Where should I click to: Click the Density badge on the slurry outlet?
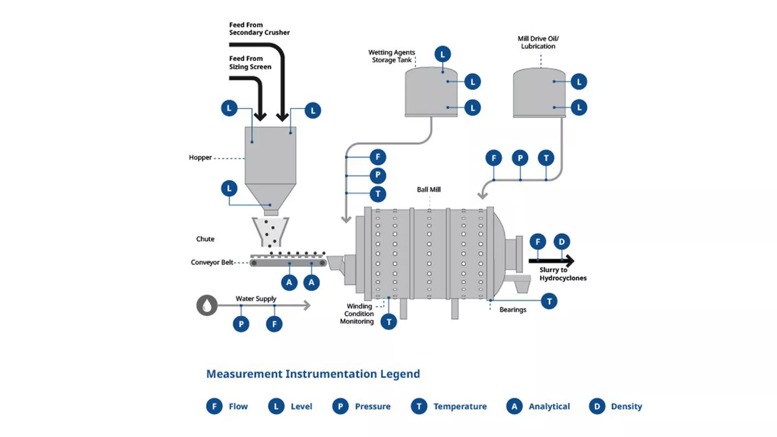coord(561,242)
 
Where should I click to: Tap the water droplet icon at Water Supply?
coord(207,305)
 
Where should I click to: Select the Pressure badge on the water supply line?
coord(241,324)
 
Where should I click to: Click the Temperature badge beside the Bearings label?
coord(549,301)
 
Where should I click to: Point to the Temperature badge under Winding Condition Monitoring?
coord(388,322)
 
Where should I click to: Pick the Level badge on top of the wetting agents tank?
coord(442,54)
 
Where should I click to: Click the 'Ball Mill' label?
coord(429,189)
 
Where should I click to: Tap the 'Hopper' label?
coord(200,157)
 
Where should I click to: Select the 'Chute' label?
coord(205,239)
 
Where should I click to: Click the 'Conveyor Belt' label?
coord(212,262)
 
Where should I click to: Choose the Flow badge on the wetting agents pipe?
coord(378,157)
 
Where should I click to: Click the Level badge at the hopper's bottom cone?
coord(229,188)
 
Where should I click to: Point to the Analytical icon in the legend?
coord(514,406)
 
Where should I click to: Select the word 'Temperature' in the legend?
coord(460,406)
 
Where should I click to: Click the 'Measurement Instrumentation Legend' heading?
coord(313,373)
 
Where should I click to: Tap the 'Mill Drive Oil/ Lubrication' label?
coord(538,42)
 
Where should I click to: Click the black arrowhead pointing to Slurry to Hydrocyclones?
coord(569,261)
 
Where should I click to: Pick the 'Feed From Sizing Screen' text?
coord(250,63)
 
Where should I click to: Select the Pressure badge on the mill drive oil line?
coord(520,158)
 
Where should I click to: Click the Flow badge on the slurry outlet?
coord(537,242)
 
